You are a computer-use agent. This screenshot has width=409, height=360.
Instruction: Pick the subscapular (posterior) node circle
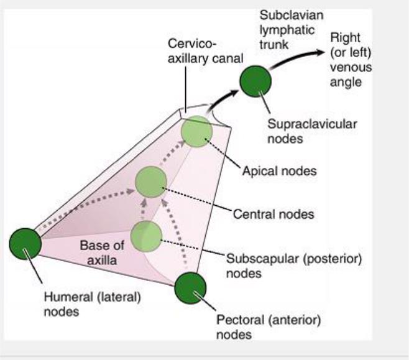pyautogui.click(x=146, y=235)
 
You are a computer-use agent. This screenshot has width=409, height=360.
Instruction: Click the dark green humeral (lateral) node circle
pyautogui.click(x=25, y=243)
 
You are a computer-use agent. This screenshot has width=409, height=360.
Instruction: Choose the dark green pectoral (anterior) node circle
pyautogui.click(x=190, y=288)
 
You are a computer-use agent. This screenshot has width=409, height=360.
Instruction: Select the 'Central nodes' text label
pyautogui.click(x=273, y=215)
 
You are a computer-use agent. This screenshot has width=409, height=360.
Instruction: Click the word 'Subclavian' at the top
pyautogui.click(x=283, y=14)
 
